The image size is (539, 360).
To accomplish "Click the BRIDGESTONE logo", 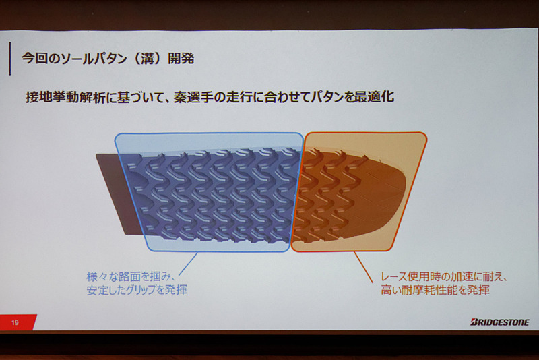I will [499, 322].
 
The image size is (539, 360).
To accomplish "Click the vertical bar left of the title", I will [9, 58].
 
